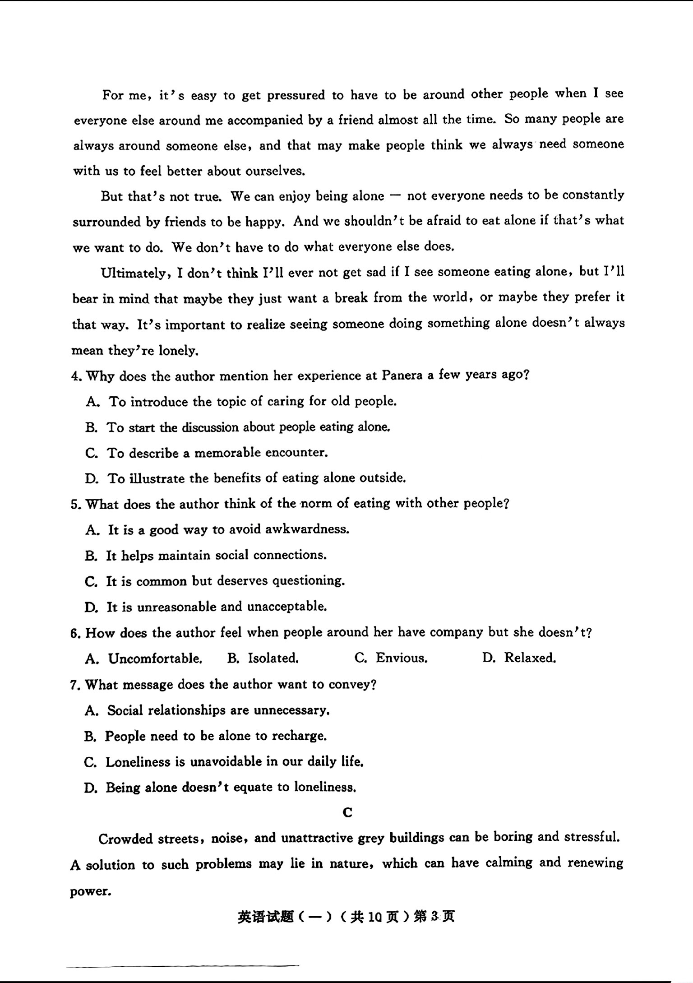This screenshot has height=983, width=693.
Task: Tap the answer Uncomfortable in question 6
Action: pyautogui.click(x=155, y=658)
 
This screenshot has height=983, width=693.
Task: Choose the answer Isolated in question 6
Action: pyautogui.click(x=273, y=658)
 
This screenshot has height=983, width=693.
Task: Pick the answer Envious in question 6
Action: pyautogui.click(x=401, y=658)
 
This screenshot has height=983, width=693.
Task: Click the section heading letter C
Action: pyautogui.click(x=347, y=812)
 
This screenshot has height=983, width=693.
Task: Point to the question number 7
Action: pyautogui.click(x=75, y=685)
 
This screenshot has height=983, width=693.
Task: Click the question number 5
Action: pyautogui.click(x=75, y=504)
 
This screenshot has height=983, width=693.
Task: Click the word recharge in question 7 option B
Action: pyautogui.click(x=299, y=736)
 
